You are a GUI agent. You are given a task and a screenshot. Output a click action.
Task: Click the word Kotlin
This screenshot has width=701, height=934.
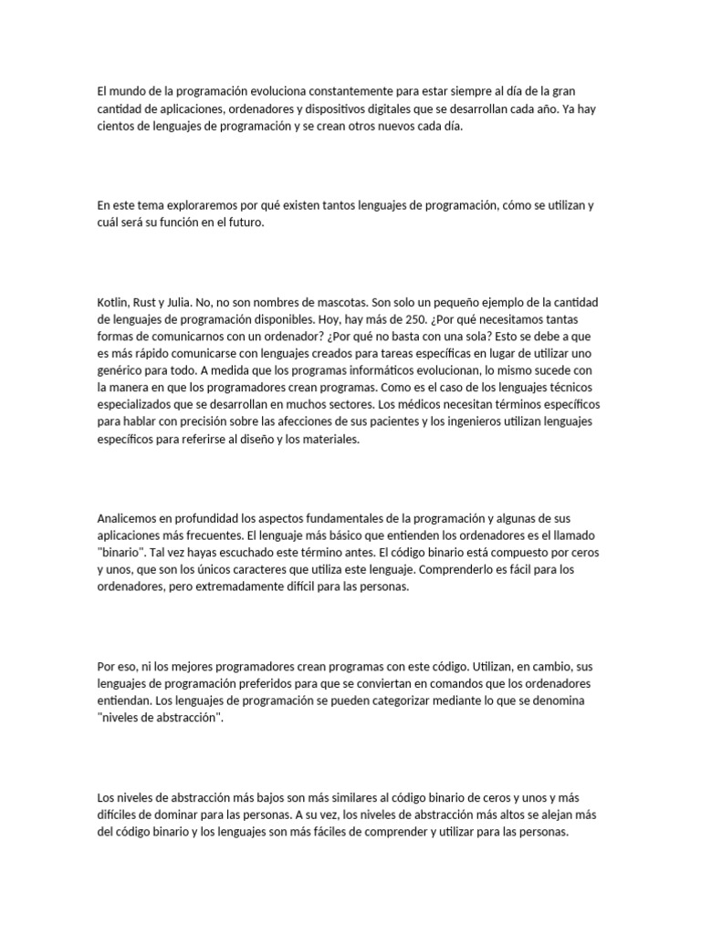(x=112, y=302)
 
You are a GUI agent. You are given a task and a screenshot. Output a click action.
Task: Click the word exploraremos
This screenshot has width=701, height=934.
(x=194, y=205)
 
